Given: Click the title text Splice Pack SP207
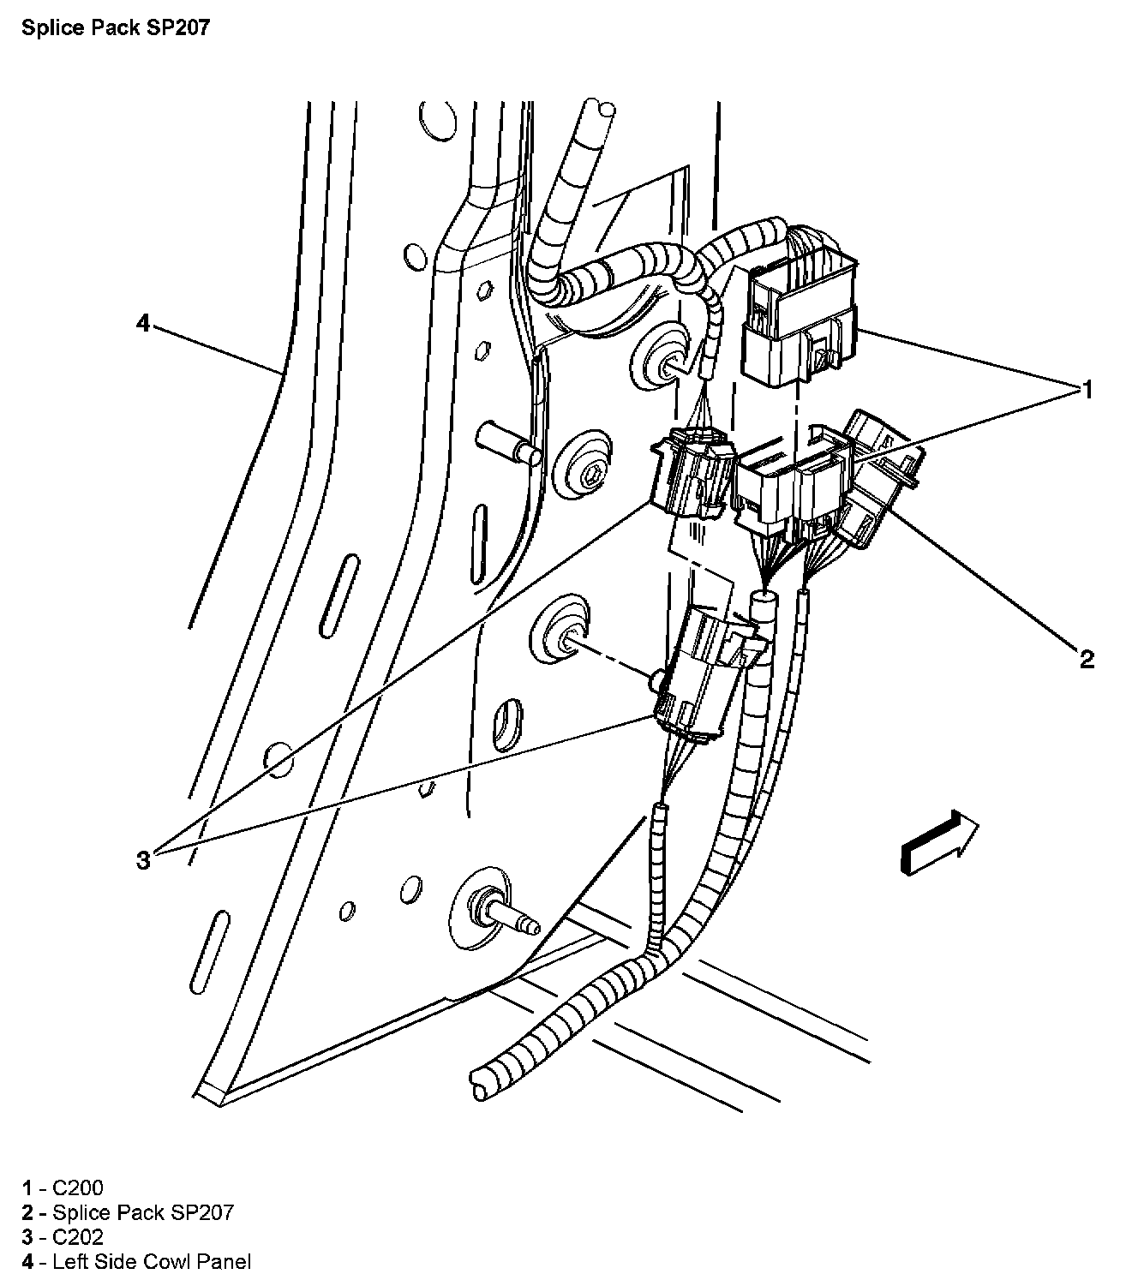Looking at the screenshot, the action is click(x=116, y=28).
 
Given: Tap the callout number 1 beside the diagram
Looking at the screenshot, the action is click(x=1087, y=391).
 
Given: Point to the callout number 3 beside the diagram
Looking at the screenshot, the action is click(x=143, y=859).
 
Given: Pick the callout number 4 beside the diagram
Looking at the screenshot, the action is click(x=143, y=323).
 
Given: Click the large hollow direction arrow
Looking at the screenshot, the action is click(x=939, y=844).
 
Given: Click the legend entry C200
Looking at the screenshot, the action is click(x=77, y=1187).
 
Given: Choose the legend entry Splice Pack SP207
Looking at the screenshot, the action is click(x=142, y=1212).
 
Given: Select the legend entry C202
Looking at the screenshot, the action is click(x=77, y=1236).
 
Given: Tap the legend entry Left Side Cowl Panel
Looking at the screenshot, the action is click(x=151, y=1261).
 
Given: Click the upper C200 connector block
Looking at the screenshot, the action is click(x=799, y=317).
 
